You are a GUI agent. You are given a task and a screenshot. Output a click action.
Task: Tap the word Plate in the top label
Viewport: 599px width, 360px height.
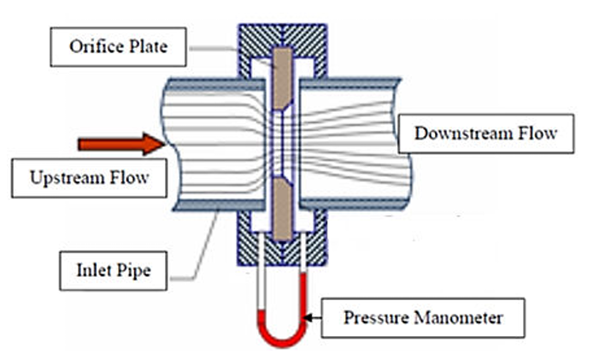(x=148, y=47)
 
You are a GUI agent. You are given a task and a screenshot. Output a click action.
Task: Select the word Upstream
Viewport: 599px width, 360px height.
(x=68, y=179)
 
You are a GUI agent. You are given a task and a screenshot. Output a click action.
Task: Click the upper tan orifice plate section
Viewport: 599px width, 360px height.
(x=283, y=80)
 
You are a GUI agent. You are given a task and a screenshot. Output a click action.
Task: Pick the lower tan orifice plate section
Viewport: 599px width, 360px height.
(x=283, y=209)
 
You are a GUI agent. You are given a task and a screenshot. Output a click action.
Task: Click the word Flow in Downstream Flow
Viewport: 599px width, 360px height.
(x=537, y=133)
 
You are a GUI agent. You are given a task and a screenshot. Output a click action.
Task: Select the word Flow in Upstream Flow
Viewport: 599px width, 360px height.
(x=130, y=178)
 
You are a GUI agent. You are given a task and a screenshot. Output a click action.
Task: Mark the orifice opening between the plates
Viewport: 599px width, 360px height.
(x=283, y=144)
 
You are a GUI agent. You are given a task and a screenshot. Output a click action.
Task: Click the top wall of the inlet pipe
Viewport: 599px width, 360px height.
(x=216, y=84)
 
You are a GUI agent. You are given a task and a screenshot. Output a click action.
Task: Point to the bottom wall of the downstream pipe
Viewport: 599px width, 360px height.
(x=352, y=204)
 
